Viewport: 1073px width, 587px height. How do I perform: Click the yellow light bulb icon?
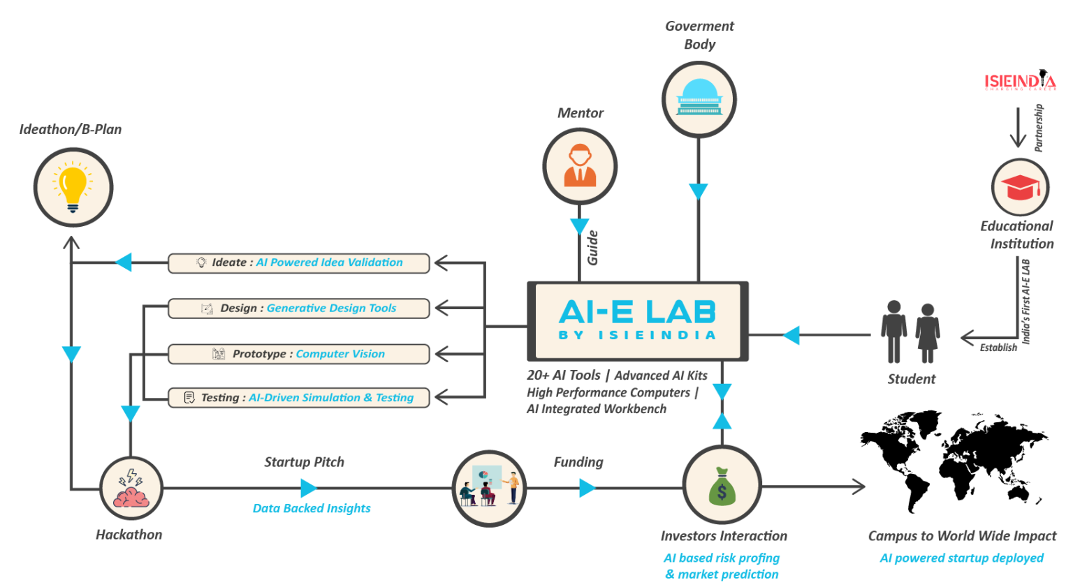pyautogui.click(x=73, y=187)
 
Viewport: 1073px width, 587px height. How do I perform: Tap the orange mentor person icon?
pyautogui.click(x=580, y=165)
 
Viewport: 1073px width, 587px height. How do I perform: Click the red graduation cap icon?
pyautogui.click(x=1021, y=187)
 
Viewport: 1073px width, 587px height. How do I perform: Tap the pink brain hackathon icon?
pyautogui.click(x=131, y=488)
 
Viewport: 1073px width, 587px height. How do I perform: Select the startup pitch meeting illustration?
pyautogui.click(x=489, y=486)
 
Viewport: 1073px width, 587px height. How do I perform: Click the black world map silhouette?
pyautogui.click(x=954, y=461)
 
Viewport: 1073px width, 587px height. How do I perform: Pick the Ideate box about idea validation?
pyautogui.click(x=298, y=263)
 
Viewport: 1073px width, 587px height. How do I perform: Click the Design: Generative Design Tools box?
pyautogui.click(x=298, y=309)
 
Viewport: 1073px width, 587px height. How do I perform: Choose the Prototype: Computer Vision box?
pyautogui.click(x=298, y=354)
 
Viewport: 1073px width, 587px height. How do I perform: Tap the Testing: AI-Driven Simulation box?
pyautogui.click(x=298, y=397)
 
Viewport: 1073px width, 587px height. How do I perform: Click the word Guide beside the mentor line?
pyautogui.click(x=593, y=248)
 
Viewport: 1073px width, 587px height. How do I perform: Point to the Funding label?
pyautogui.click(x=578, y=462)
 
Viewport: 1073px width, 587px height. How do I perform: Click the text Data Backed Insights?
pyautogui.click(x=312, y=508)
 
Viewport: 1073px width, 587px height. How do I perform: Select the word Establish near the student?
pyautogui.click(x=998, y=348)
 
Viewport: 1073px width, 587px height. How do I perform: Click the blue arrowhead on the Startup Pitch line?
pyautogui.click(x=309, y=489)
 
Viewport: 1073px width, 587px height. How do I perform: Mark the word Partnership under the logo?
pyautogui.click(x=1039, y=128)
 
